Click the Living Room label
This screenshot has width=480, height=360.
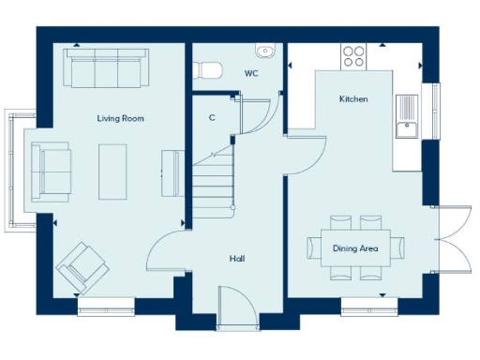click(x=120, y=118)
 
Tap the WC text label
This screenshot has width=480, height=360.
click(x=251, y=72)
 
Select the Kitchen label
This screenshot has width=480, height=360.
click(x=352, y=98)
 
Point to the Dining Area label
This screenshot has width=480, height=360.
click(x=355, y=248)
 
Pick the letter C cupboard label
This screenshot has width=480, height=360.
click(x=212, y=118)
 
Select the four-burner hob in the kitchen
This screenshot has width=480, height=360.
click(x=354, y=56)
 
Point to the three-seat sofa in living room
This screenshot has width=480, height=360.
click(x=103, y=67)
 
